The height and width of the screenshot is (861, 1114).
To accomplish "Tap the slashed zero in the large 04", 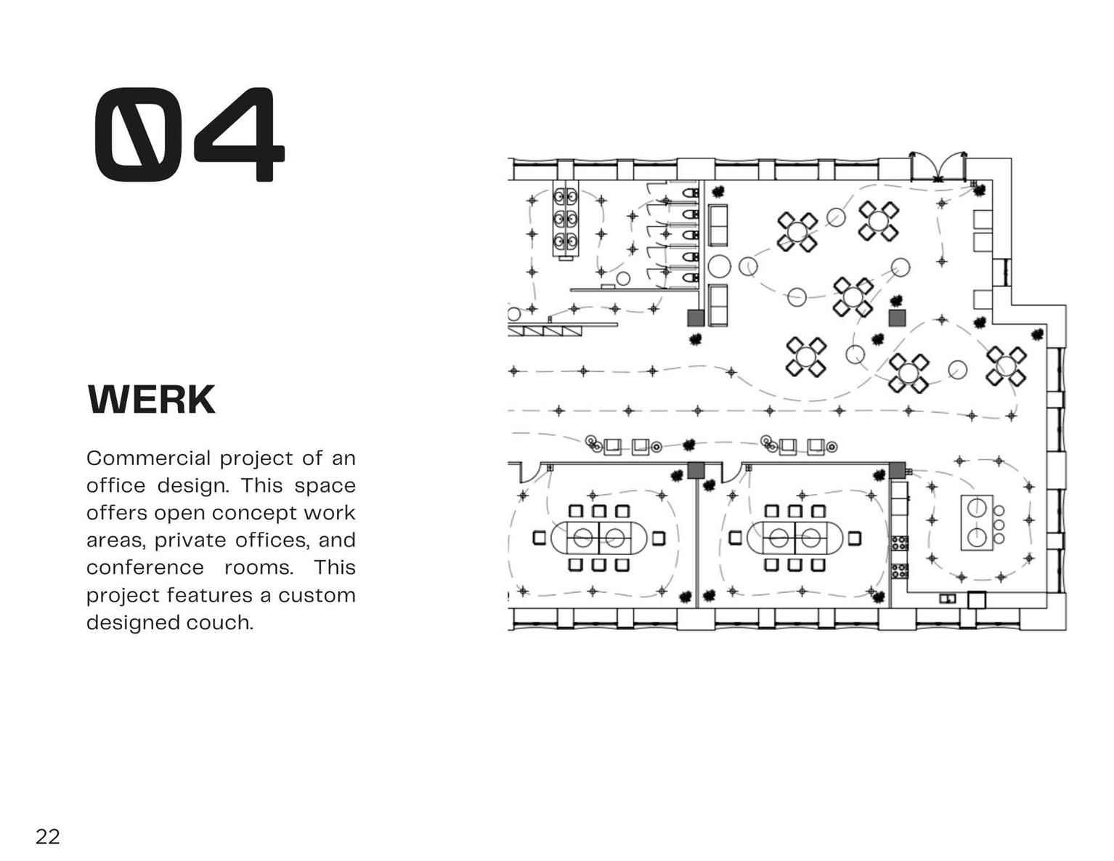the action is [x=138, y=135].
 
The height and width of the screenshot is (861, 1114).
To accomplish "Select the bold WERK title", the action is [x=152, y=400].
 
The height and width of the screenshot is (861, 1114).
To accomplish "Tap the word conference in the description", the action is [x=145, y=567].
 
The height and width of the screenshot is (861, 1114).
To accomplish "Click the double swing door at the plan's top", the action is [x=938, y=167].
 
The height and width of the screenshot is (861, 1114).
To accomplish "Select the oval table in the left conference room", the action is [x=599, y=538].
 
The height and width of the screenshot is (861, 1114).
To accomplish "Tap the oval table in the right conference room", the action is [x=794, y=538].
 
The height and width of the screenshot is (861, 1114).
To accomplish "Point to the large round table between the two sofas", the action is [x=719, y=267].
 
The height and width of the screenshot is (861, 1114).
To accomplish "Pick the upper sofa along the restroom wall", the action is [x=717, y=226].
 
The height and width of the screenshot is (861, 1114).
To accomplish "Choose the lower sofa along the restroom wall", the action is [x=717, y=305].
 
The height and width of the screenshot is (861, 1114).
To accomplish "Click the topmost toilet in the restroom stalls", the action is [x=691, y=193].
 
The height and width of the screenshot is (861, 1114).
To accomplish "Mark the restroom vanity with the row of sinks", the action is [x=566, y=219].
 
